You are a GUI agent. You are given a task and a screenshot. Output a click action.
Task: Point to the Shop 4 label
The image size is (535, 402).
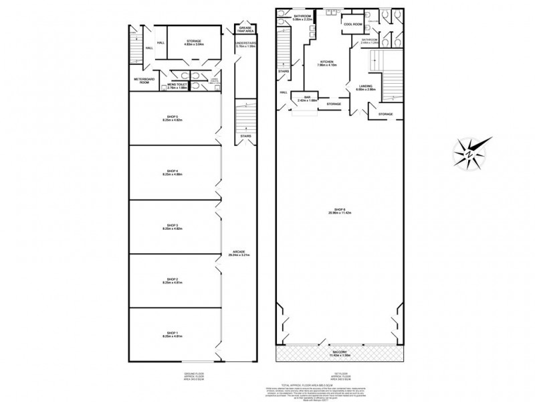(x=173, y=172)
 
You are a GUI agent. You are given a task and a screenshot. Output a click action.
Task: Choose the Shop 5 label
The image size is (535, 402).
(x=173, y=118)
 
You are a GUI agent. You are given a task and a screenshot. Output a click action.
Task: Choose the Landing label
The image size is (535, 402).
(x=365, y=86)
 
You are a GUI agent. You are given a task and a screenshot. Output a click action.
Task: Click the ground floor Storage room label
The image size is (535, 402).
(x=194, y=41)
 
